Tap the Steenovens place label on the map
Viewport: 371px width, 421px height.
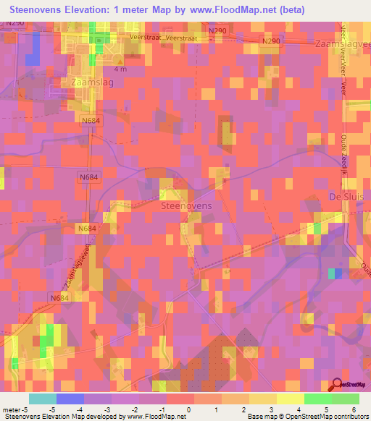coord(185,206)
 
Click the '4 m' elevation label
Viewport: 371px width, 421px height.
coord(120,69)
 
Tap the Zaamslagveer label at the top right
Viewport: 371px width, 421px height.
coord(343,44)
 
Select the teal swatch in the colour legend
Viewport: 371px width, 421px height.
coord(43,398)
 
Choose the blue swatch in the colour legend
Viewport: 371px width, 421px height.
coord(70,398)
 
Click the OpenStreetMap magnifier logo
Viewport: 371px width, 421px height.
coord(338,386)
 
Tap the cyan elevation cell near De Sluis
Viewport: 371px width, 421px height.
coord(333,273)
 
